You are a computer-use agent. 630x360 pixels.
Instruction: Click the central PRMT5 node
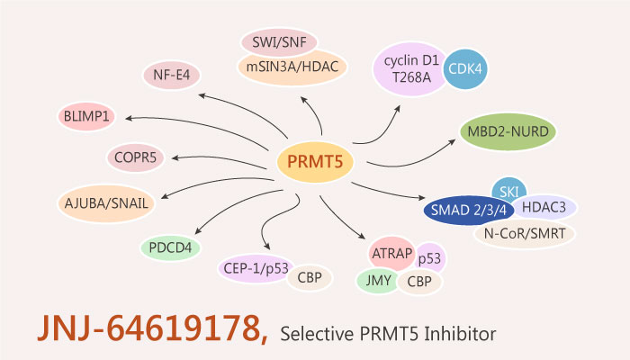click(314, 162)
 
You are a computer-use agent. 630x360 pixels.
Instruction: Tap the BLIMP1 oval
click(87, 117)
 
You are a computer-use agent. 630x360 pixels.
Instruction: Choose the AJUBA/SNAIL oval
click(106, 202)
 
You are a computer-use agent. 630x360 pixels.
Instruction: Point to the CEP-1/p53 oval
click(255, 267)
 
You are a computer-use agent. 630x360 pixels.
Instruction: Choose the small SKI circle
click(509, 192)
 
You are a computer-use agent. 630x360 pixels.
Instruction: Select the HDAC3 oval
click(545, 209)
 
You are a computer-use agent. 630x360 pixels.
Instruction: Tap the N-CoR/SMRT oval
click(525, 235)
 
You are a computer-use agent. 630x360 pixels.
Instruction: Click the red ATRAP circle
click(391, 255)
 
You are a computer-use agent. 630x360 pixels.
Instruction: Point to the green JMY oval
click(376, 281)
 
